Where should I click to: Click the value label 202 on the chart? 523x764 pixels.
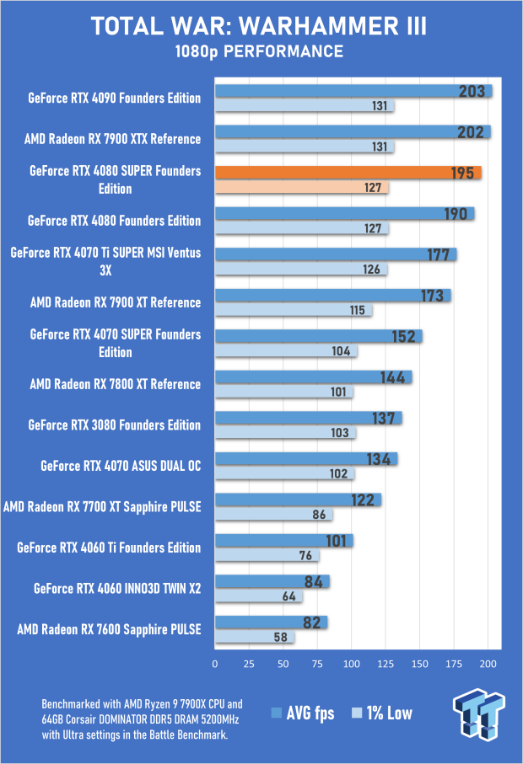(470, 132)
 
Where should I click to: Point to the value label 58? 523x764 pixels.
(278, 638)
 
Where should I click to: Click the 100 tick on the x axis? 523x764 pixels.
(351, 665)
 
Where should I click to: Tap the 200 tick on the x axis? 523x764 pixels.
(487, 665)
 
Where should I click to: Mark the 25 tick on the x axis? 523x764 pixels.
(249, 665)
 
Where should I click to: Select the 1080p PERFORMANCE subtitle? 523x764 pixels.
(259, 52)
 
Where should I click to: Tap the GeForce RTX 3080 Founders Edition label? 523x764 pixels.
(114, 425)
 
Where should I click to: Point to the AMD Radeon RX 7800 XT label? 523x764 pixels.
(115, 384)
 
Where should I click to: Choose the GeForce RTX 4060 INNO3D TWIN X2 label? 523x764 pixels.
(117, 588)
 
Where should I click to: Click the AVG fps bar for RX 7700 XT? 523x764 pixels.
(298, 500)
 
